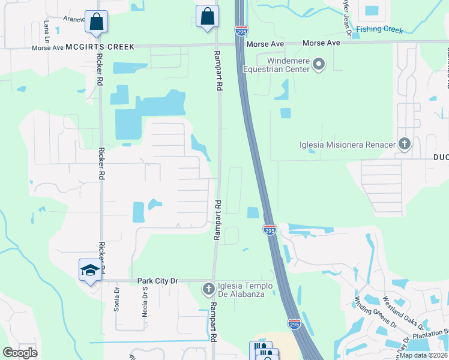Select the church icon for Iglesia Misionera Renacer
405,144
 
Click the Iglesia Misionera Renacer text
348,145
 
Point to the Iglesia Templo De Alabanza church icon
209,289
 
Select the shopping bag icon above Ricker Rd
96,23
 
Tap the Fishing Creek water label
379,29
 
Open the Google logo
20,353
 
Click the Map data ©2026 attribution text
423,355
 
